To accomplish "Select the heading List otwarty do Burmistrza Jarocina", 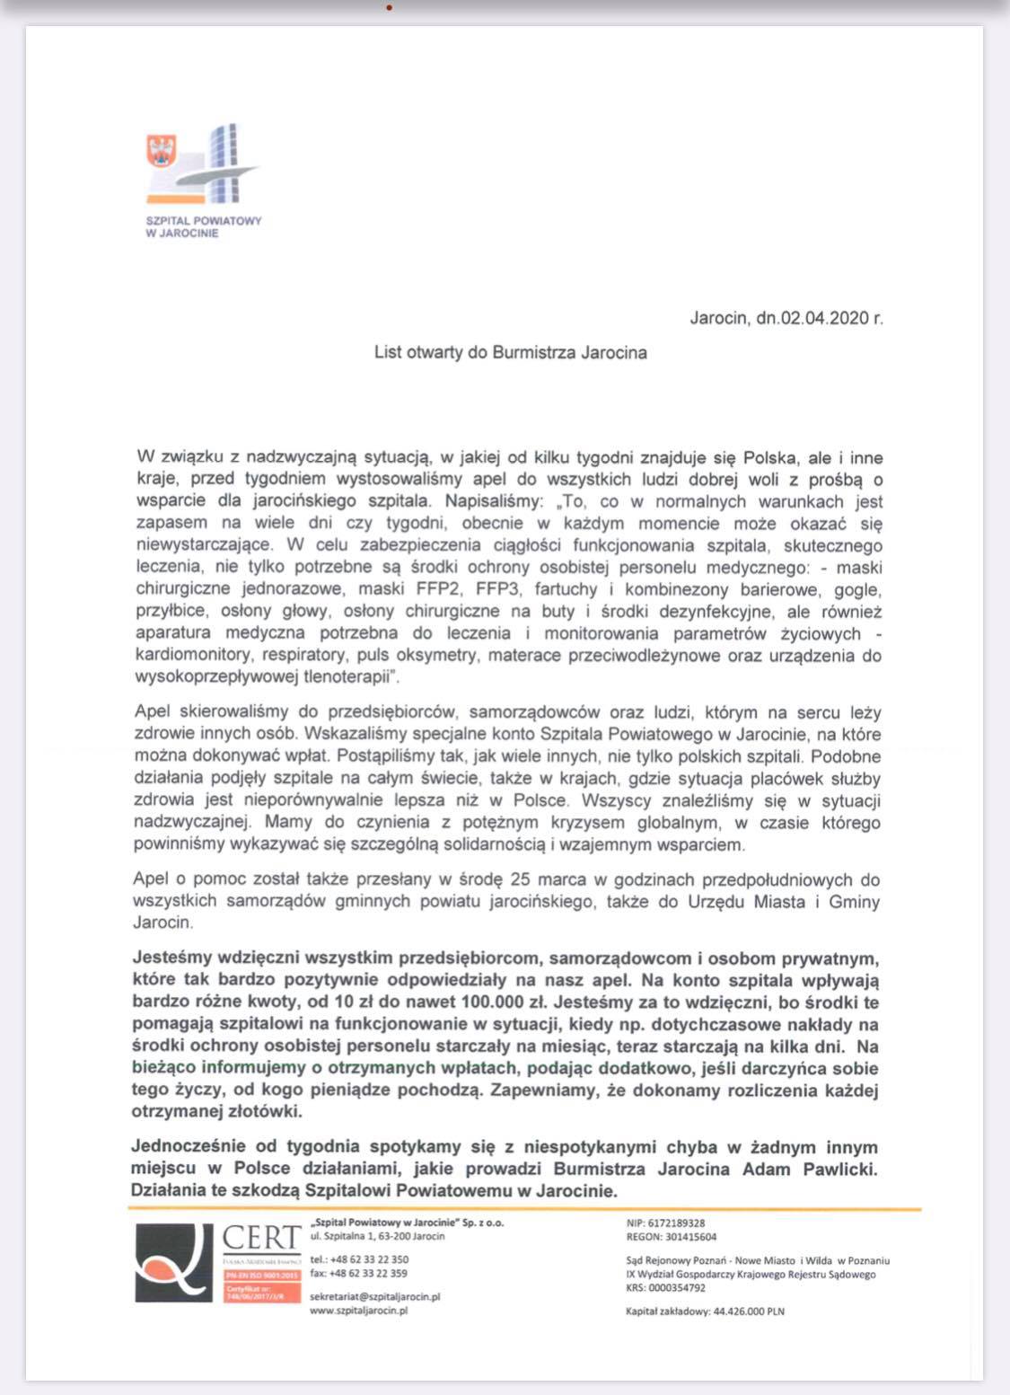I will point(510,352).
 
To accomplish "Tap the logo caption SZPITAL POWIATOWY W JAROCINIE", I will point(204,226).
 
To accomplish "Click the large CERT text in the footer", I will point(260,1237).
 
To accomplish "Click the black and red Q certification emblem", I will point(175,1262).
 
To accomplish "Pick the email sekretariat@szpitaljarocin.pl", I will point(374,1296).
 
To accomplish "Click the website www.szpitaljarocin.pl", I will point(358,1311).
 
